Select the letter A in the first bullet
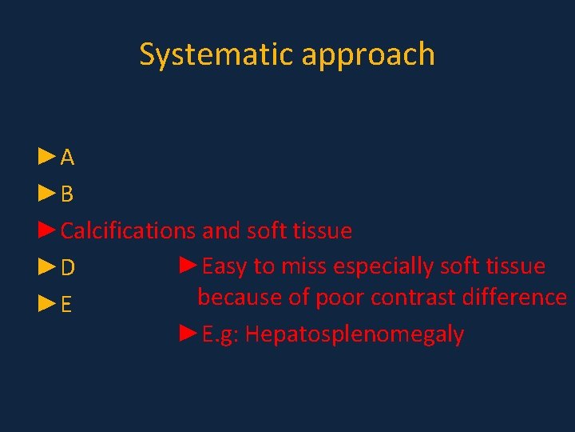click(68, 158)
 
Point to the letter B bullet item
click(68, 194)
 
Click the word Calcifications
click(128, 231)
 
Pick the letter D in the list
click(68, 268)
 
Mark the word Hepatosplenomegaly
click(355, 334)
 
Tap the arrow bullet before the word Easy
click(188, 266)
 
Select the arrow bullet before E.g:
click(188, 333)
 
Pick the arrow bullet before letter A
click(47, 157)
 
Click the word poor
click(342, 298)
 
